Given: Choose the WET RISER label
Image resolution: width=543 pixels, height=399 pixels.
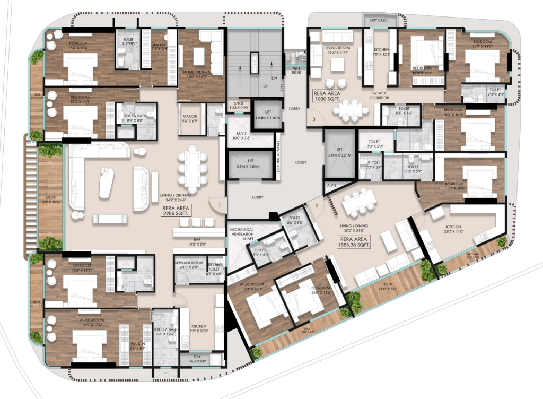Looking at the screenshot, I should click(294, 72).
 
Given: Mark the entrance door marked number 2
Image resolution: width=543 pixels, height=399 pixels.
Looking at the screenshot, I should click(317, 205).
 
